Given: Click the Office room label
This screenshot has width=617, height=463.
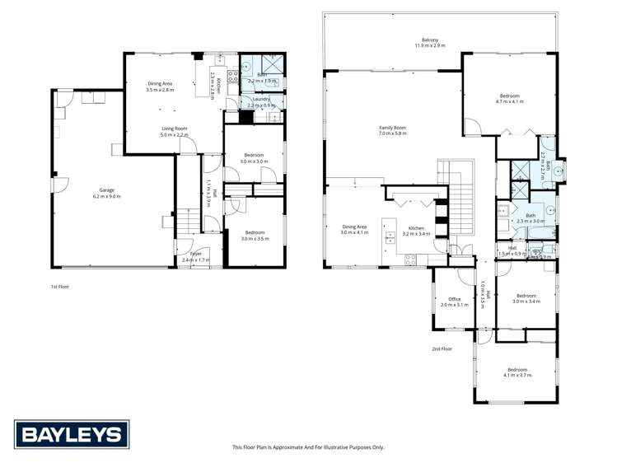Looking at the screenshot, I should tap(454, 299).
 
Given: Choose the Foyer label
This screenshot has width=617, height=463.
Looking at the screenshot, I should tap(196, 254).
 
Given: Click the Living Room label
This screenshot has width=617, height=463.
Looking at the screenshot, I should tap(175, 129).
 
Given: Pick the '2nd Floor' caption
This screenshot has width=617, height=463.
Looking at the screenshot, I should tap(442, 348).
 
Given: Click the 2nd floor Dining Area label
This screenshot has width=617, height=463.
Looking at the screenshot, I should tap(354, 227).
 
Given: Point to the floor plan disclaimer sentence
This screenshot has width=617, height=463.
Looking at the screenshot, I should tap(308, 447).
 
